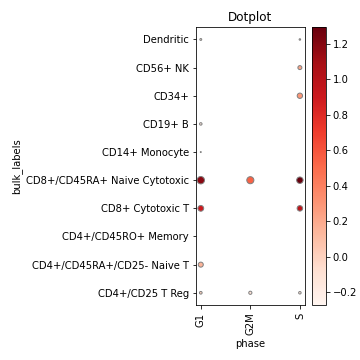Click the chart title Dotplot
tap(249, 17)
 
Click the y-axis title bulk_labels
tap(17, 166)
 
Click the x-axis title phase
tap(249, 344)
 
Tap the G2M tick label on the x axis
tap(250, 323)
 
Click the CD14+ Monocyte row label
tap(145, 152)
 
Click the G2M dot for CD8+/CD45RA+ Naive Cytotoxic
tap(250, 180)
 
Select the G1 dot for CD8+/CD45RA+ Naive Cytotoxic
tap(200, 180)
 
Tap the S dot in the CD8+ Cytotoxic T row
tap(299, 208)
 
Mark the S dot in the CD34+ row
tap(299, 96)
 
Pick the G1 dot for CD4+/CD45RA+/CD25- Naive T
tap(200, 265)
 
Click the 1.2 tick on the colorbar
tap(340, 43)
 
